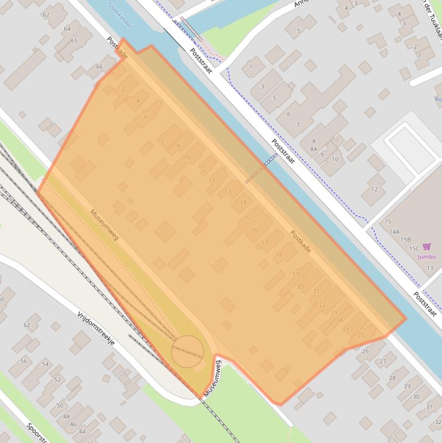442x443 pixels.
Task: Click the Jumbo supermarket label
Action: (x=426, y=257)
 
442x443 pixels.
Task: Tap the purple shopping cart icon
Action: (x=426, y=247)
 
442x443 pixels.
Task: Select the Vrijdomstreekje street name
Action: (x=96, y=328)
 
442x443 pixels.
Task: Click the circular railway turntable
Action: (x=187, y=351)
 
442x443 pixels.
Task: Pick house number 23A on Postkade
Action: (x=337, y=320)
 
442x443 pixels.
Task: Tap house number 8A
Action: (x=314, y=148)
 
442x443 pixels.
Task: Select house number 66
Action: (x=99, y=67)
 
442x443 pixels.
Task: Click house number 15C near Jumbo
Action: (x=414, y=248)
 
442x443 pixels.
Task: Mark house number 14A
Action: (x=394, y=232)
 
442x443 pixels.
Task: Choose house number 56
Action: (x=24, y=361)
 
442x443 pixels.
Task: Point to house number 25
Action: (x=361, y=335)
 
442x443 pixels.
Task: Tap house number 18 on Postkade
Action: (x=279, y=254)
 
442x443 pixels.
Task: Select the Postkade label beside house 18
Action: (x=301, y=242)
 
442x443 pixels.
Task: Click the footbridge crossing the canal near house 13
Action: (x=262, y=168)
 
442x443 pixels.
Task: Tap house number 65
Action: (x=74, y=41)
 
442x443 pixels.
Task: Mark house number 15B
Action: (x=406, y=239)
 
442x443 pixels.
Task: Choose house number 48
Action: (x=66, y=417)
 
